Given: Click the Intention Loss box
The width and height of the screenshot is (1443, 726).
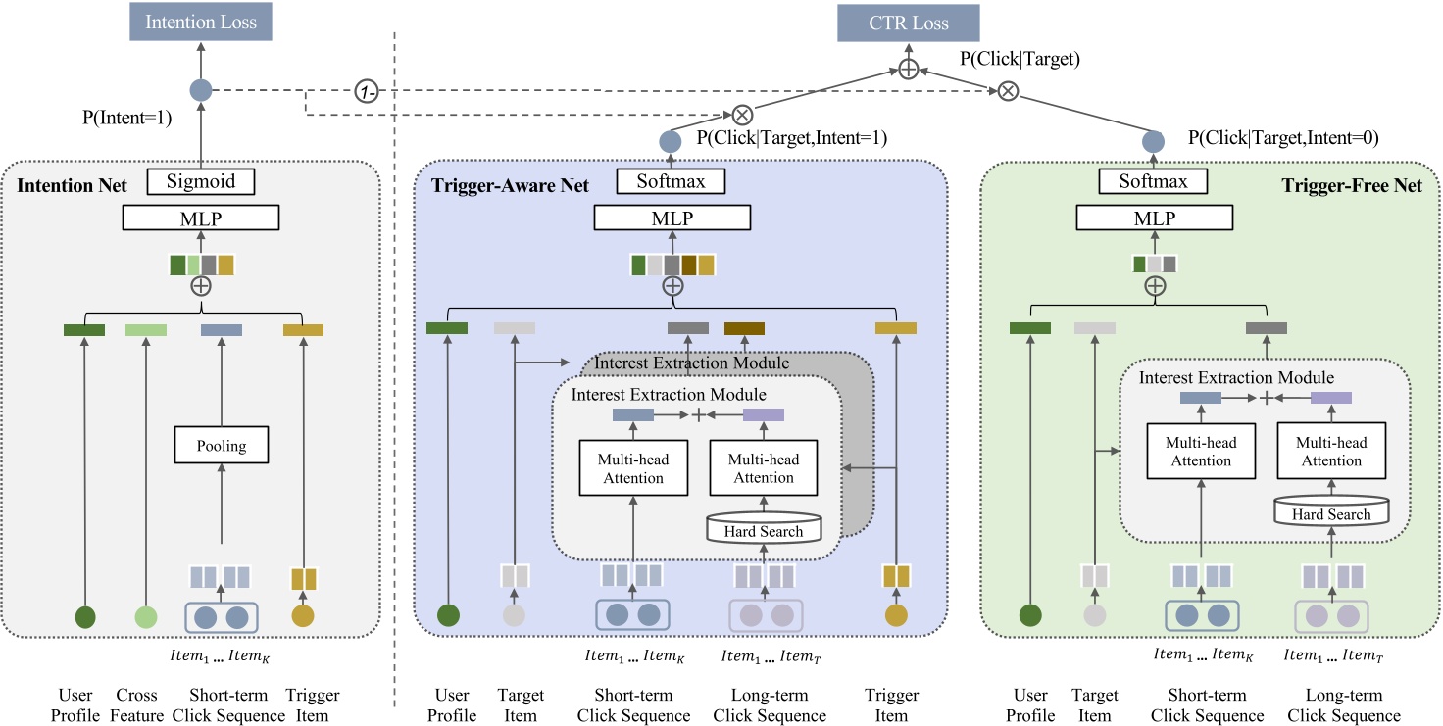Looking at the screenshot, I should coord(201,23).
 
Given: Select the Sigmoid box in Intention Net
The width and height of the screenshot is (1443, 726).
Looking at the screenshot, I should coord(200,181).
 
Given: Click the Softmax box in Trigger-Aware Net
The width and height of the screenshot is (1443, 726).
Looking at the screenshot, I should coord(672,181).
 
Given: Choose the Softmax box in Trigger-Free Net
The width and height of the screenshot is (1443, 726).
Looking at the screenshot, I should coord(1154,181).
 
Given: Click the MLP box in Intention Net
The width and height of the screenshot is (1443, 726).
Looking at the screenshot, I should coord(200,218).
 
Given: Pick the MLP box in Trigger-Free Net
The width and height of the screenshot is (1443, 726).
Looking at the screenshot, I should coord(1154,218).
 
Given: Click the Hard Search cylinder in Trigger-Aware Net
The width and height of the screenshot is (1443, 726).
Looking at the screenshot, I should coord(763,529).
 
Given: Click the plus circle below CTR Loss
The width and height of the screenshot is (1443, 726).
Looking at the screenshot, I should coord(908,69).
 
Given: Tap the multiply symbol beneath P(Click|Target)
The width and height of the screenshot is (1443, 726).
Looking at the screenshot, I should coord(1007,91).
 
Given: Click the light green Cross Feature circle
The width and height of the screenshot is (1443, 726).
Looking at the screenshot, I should coord(146,617).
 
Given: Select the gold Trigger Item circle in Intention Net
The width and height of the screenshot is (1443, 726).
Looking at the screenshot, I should coord(303,616).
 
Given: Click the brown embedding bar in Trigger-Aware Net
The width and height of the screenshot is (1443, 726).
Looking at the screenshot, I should coord(744,328).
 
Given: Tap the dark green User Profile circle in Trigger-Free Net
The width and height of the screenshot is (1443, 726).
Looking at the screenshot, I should coord(1029,616).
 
